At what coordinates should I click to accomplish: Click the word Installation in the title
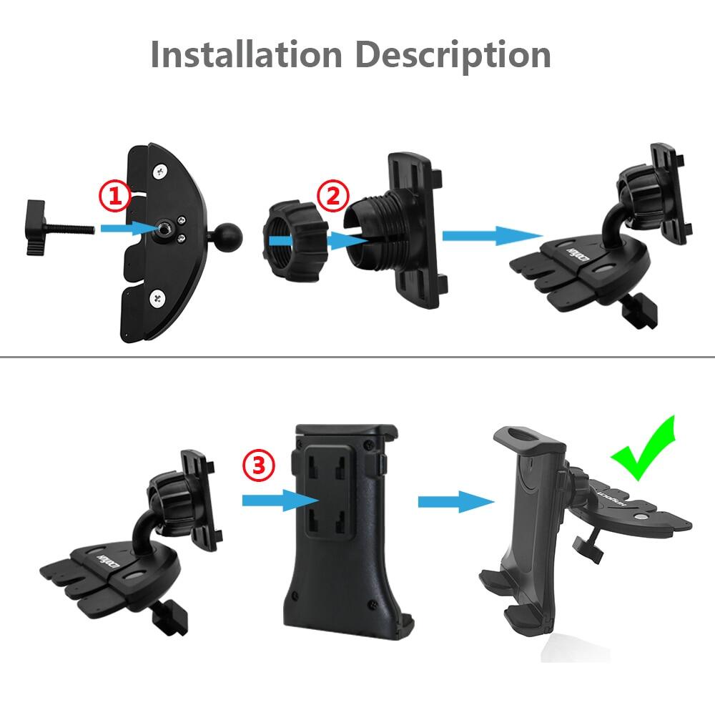point(245,55)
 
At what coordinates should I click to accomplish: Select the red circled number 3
point(257,466)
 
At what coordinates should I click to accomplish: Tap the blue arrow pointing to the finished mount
point(455,502)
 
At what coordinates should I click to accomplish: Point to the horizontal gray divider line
point(357,356)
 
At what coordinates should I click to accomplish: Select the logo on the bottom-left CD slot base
point(102,554)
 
